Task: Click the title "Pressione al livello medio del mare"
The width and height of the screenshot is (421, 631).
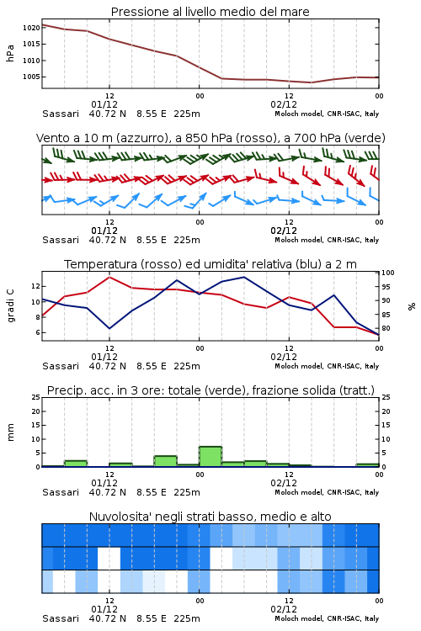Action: [210, 12]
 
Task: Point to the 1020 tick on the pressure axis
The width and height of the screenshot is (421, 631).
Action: [31, 28]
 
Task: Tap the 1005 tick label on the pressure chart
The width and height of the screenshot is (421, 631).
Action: [31, 77]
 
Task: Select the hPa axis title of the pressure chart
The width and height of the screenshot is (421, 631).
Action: [10, 53]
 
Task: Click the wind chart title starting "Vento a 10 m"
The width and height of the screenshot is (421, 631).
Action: [210, 138]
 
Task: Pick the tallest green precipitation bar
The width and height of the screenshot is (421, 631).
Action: [210, 456]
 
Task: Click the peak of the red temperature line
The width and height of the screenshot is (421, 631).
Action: [109, 277]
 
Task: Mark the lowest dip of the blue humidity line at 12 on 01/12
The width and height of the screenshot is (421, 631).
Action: [109, 328]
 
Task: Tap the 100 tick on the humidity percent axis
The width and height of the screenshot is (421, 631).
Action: [388, 273]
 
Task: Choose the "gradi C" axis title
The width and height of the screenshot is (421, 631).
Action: [10, 306]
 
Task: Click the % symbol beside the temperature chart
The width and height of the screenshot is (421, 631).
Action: [412, 306]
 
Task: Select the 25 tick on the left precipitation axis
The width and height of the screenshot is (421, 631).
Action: [36, 397]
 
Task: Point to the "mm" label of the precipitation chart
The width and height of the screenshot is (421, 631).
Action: [10, 432]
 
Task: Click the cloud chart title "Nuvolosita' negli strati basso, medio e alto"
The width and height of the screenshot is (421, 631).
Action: [210, 517]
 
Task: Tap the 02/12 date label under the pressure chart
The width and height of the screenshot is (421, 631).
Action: [284, 104]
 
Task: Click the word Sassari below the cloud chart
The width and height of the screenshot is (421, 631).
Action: [61, 618]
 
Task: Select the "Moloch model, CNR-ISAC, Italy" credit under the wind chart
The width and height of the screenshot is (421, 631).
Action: [327, 240]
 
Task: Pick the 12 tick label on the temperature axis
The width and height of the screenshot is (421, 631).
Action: [36, 287]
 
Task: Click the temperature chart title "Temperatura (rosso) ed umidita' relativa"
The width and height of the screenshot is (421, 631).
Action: [210, 264]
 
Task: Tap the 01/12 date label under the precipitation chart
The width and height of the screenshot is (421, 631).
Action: [104, 483]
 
